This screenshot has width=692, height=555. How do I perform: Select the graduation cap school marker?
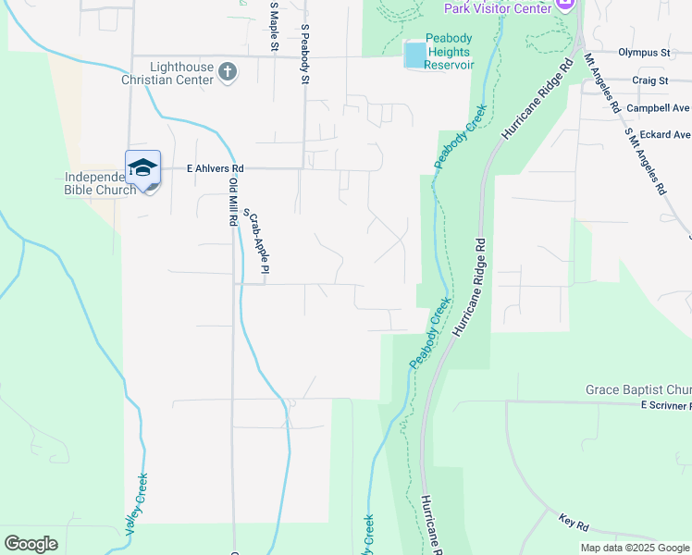click(x=143, y=168)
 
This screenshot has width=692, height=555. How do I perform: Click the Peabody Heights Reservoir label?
click(x=450, y=52)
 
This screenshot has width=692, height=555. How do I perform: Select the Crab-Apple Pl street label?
click(x=257, y=241)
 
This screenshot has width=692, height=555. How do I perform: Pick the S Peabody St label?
click(x=304, y=54)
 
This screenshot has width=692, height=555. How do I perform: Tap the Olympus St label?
click(x=644, y=53)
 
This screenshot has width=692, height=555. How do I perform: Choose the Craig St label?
click(x=650, y=80)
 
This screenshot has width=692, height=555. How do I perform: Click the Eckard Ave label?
click(x=664, y=134)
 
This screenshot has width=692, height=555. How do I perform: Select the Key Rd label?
click(x=575, y=524)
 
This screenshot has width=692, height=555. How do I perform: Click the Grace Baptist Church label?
click(x=638, y=390)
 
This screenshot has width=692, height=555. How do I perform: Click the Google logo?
click(x=31, y=544)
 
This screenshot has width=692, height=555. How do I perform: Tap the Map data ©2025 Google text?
click(x=634, y=548)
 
